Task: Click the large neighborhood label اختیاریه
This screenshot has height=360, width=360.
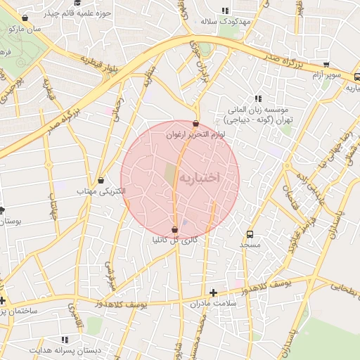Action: (199, 178)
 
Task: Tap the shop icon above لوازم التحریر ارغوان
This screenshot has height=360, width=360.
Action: (195, 124)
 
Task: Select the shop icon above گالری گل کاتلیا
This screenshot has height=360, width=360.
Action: (174, 229)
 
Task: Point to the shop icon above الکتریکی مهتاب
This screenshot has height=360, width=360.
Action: (101, 180)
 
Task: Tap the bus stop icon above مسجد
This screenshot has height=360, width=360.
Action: (250, 234)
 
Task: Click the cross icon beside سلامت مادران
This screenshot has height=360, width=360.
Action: (214, 292)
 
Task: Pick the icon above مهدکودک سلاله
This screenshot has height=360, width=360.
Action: (225, 11)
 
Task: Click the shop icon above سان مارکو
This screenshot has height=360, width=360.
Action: (25, 18)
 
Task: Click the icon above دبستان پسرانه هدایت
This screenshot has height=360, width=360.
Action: (65, 340)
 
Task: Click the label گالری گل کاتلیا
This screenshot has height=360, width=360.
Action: (174, 240)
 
